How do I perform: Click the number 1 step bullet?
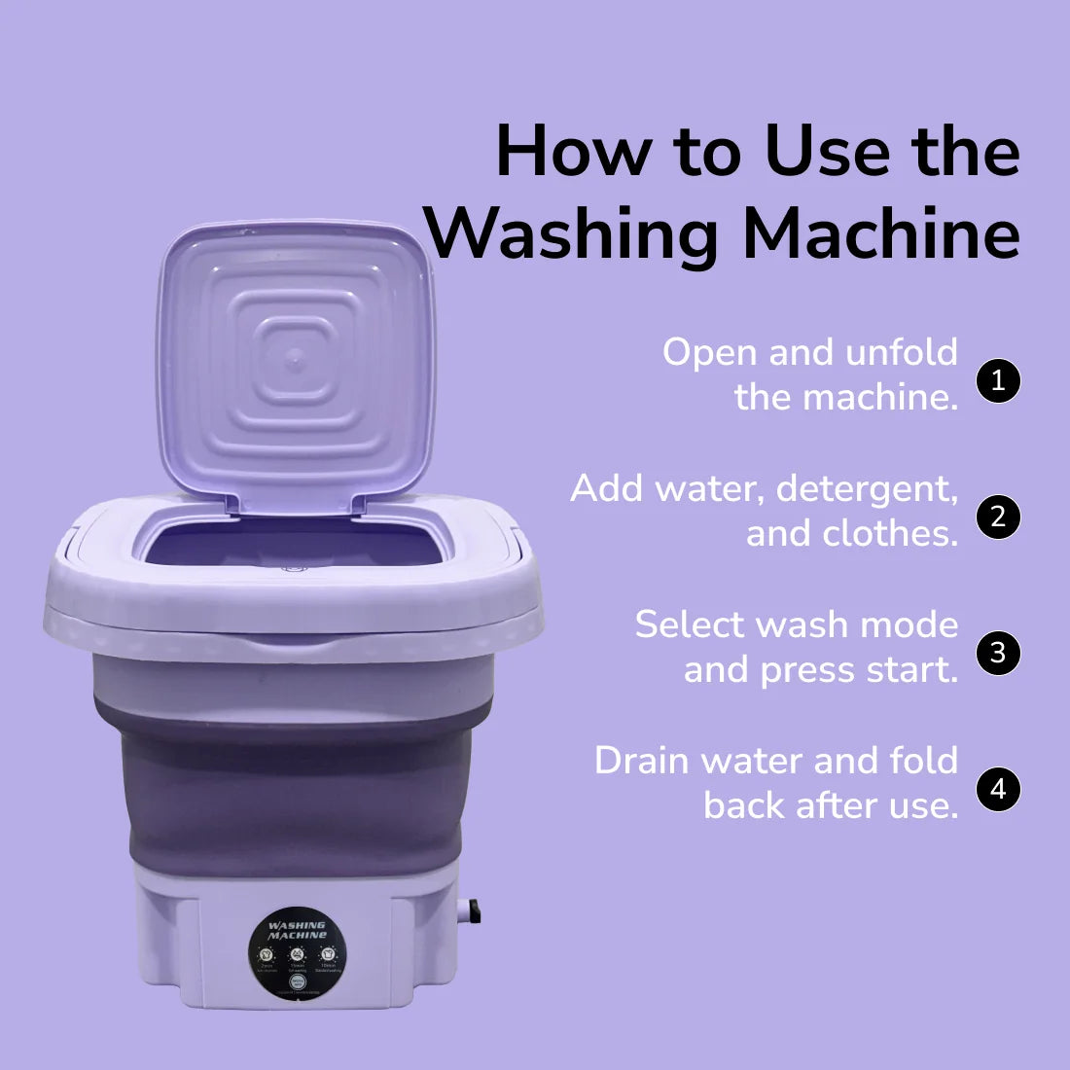[x=997, y=380]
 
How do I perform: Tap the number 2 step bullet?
[x=997, y=517]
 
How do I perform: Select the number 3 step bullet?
[x=997, y=653]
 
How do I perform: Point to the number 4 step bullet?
[x=997, y=789]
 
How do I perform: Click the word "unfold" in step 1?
[x=902, y=352]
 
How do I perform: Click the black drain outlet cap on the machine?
[x=474, y=911]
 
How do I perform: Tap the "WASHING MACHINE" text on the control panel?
[x=297, y=930]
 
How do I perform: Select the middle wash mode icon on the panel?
[x=297, y=954]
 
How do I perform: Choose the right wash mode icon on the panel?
[x=328, y=953]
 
